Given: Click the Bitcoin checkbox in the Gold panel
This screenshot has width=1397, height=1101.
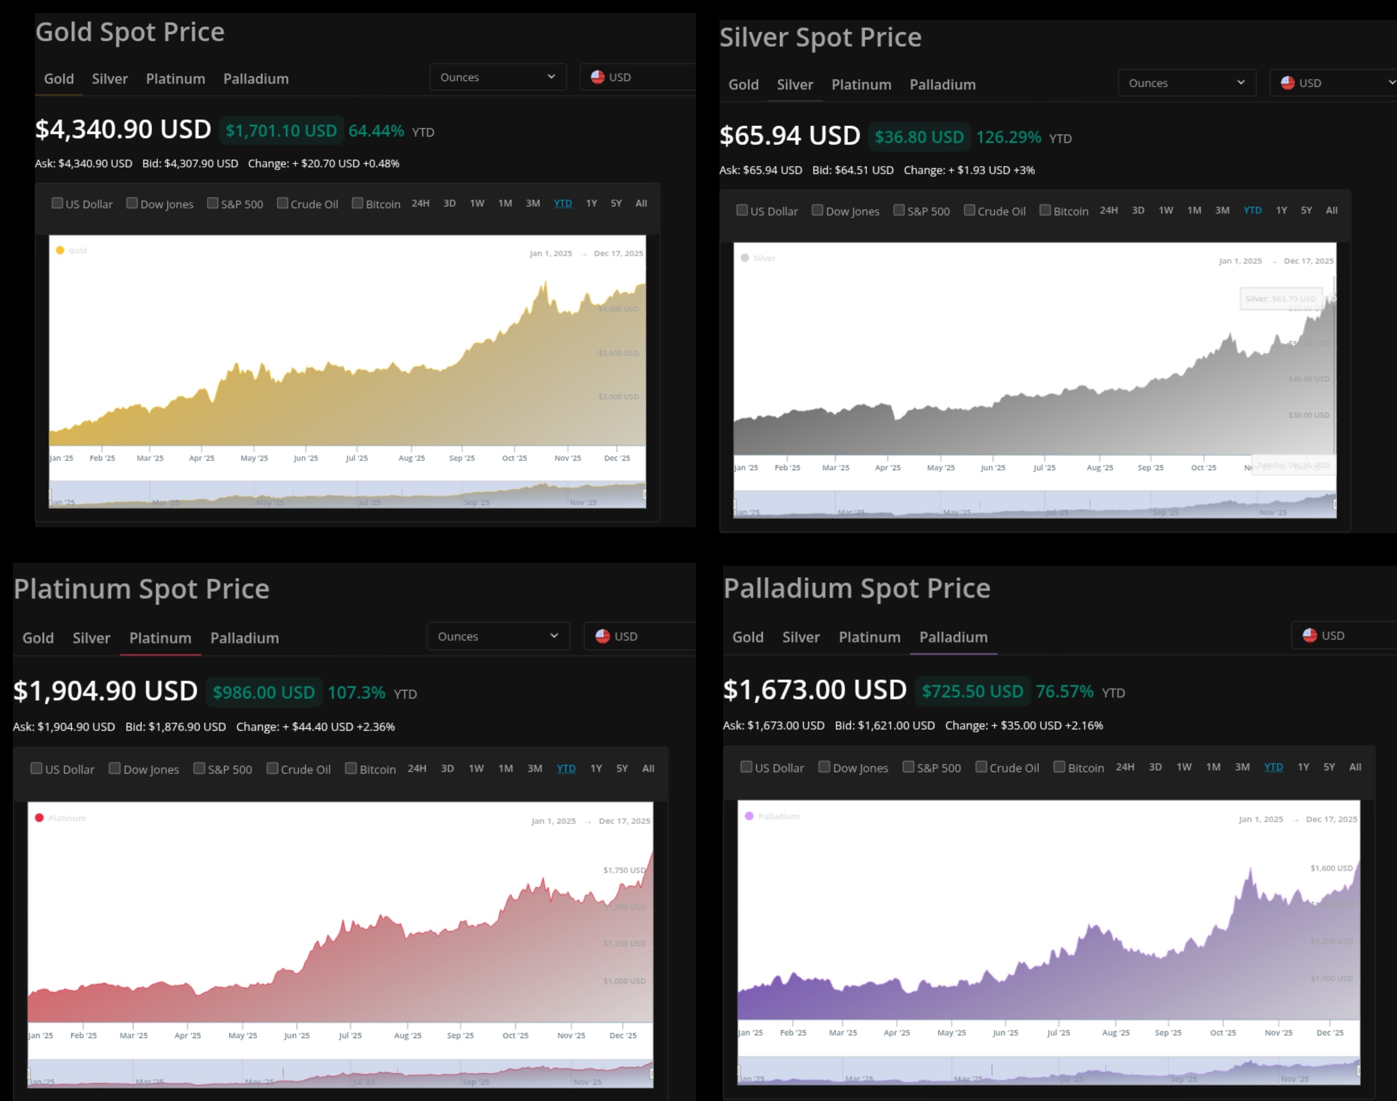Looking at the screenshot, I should [358, 204].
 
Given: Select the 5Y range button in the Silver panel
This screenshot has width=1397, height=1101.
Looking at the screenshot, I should [1306, 210].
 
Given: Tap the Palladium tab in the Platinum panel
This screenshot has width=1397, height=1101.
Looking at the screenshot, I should [244, 638].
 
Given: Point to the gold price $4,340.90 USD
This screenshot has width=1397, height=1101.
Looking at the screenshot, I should [123, 130].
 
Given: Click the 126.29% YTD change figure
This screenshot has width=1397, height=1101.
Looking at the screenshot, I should [1009, 137].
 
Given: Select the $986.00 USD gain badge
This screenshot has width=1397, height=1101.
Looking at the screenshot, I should [263, 692].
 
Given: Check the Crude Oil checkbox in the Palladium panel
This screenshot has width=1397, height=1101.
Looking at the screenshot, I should [981, 767].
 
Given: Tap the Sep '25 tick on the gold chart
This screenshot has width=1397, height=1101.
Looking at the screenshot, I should [462, 458].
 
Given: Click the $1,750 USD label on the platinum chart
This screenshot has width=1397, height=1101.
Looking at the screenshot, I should [624, 870].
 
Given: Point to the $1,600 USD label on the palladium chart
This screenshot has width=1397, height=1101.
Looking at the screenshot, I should [1331, 868].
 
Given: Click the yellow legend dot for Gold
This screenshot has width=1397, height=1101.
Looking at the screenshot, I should [60, 251].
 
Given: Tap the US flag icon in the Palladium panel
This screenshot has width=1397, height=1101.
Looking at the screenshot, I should [1309, 636].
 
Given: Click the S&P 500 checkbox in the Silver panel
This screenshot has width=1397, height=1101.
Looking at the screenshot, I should [899, 210].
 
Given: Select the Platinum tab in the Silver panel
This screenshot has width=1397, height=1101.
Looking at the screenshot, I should [861, 85].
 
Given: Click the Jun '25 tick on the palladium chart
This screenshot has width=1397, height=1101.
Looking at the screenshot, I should [1005, 1033].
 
